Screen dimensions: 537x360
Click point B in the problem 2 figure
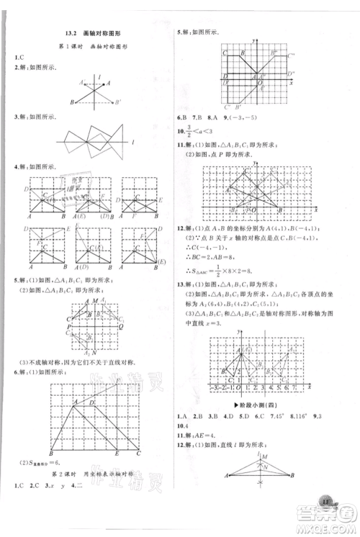click(x=72, y=101)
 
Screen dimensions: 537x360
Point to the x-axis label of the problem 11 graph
click(x=315, y=208)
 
